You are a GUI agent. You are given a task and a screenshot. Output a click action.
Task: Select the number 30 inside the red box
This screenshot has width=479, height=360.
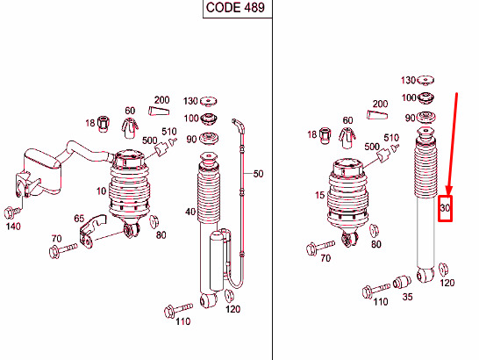point(445,208)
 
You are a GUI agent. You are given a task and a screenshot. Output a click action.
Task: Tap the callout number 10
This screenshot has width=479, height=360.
point(102,191)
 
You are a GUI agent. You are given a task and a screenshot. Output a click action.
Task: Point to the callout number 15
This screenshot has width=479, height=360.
point(320,195)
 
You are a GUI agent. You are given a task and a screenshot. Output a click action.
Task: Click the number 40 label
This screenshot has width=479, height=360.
point(190,212)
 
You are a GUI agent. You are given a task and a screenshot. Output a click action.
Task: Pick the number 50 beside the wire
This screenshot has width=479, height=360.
point(258,174)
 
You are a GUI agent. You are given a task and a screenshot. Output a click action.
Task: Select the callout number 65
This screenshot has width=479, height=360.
point(79,219)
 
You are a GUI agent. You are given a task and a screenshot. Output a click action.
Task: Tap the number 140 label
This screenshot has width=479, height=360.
point(13,227)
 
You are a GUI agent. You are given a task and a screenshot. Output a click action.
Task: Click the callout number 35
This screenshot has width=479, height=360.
point(408,297)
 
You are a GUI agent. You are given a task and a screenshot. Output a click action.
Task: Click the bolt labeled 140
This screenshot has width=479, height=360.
point(12,212)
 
